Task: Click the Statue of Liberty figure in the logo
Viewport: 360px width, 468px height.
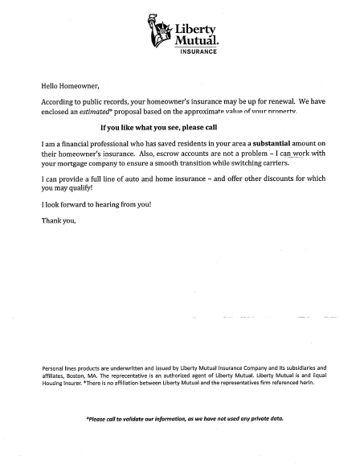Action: point(159,30)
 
